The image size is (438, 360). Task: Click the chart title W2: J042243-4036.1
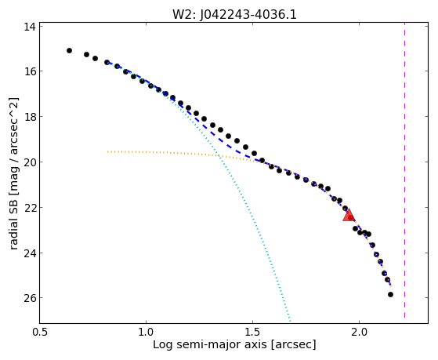pyautogui.click(x=234, y=14)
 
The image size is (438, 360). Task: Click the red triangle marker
pyautogui.click(x=349, y=215)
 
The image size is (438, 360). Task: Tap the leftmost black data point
pyautogui.click(x=69, y=51)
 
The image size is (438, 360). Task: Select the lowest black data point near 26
pyautogui.click(x=390, y=295)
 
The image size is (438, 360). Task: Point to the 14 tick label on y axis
pyautogui.click(x=29, y=27)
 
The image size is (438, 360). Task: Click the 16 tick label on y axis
pyautogui.click(x=29, y=71)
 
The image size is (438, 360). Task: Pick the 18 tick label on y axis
pyautogui.click(x=29, y=117)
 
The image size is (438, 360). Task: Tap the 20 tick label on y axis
pyautogui.click(x=29, y=162)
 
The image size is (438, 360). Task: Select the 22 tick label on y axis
pyautogui.click(x=29, y=208)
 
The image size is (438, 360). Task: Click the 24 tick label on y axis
pyautogui.click(x=29, y=253)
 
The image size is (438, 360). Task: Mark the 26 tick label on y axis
pyautogui.click(x=29, y=298)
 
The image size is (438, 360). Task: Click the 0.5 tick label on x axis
pyautogui.click(x=40, y=332)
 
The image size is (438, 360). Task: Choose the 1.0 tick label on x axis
pyautogui.click(x=146, y=332)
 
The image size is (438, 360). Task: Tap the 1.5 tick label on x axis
pyautogui.click(x=252, y=332)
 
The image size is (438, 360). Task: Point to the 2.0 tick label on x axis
pyautogui.click(x=359, y=332)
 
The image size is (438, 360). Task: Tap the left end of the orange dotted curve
pyautogui.click(x=108, y=151)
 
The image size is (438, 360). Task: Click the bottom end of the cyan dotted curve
pyautogui.click(x=290, y=321)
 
